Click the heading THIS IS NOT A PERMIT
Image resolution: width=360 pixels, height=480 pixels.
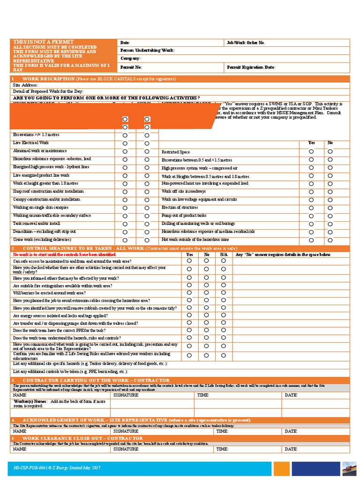point(37,43)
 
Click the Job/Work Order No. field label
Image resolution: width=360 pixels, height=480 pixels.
point(246,43)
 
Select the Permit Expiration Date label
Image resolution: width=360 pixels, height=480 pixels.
point(250,67)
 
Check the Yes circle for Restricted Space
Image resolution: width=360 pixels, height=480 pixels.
point(311,151)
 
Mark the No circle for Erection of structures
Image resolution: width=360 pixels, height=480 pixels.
point(330,208)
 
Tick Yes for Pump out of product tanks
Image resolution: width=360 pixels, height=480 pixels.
point(311,216)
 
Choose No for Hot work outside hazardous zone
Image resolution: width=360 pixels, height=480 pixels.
point(330,240)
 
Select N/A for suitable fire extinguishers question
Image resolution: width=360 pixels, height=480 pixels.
point(224,285)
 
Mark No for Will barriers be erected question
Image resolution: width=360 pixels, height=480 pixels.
point(207,292)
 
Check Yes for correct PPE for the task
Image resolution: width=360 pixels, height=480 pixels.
point(189,330)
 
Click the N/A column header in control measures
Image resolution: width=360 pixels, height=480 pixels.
point(224,255)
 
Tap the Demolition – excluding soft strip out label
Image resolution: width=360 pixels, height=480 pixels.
point(45,232)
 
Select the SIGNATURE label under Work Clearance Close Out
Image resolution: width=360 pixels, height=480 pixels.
point(126,449)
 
